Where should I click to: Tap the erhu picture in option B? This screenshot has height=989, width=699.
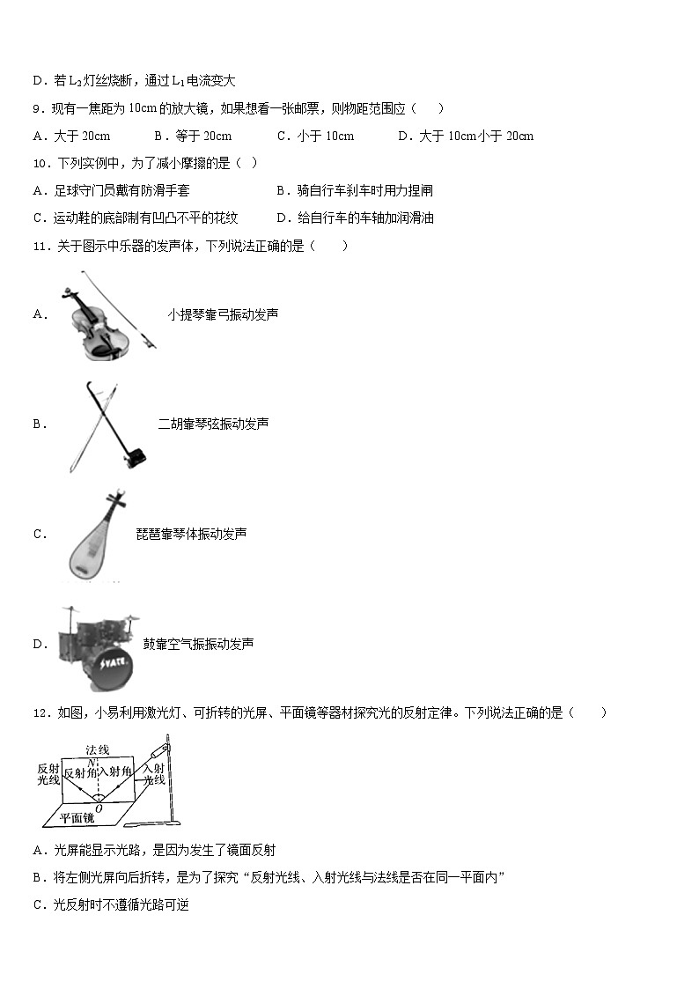[x=104, y=424]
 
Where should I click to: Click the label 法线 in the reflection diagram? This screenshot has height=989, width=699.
[x=97, y=749]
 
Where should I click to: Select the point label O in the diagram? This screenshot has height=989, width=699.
[x=98, y=808]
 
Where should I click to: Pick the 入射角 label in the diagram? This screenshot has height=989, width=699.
[x=114, y=772]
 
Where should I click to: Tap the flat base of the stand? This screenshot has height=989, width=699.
[x=151, y=824]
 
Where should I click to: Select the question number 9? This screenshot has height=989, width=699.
[x=37, y=108]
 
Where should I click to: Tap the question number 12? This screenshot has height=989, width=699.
[x=39, y=712]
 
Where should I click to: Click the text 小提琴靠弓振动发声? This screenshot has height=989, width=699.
[x=223, y=314]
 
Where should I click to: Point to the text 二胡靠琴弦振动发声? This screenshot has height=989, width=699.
[x=213, y=424]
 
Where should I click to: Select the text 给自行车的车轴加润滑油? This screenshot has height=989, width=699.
[x=365, y=218]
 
